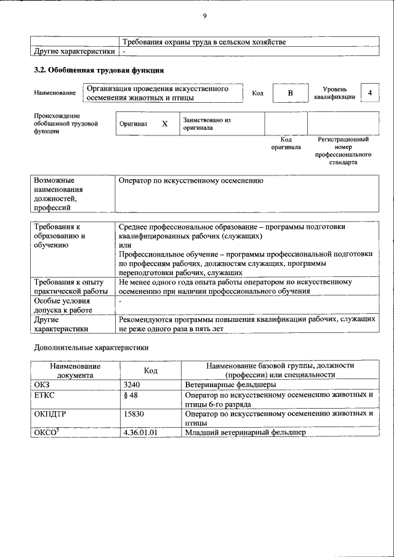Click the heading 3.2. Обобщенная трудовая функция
[98, 71]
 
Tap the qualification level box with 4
[369, 93]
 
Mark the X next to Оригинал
[164, 124]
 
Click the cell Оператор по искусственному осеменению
[191, 182]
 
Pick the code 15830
[134, 414]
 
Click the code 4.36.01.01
[140, 433]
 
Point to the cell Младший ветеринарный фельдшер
[245, 433]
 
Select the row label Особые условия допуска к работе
[62, 306]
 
